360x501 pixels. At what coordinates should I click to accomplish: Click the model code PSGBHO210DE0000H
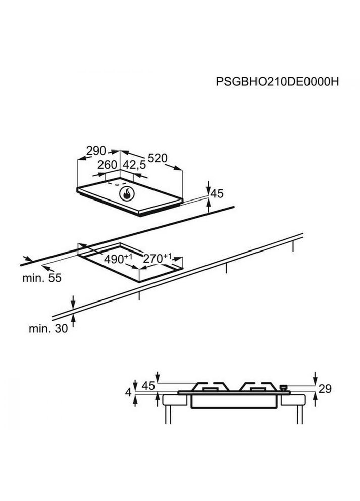click(x=276, y=82)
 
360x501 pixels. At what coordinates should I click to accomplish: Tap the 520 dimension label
click(x=158, y=158)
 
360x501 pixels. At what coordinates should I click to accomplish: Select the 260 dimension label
click(x=107, y=165)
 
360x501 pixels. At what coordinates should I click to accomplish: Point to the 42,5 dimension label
click(x=134, y=165)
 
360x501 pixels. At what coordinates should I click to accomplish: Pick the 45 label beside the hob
click(x=216, y=193)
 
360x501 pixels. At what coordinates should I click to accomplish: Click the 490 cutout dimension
click(x=118, y=259)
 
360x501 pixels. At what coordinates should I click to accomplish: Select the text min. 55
click(x=41, y=278)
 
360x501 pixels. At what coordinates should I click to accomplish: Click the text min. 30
click(x=48, y=328)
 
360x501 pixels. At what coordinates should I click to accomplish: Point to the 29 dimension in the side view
click(x=326, y=389)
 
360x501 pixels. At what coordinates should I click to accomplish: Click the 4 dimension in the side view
click(x=128, y=392)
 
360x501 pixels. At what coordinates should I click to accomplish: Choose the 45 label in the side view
click(x=147, y=386)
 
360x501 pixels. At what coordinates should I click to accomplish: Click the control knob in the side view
click(x=283, y=388)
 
